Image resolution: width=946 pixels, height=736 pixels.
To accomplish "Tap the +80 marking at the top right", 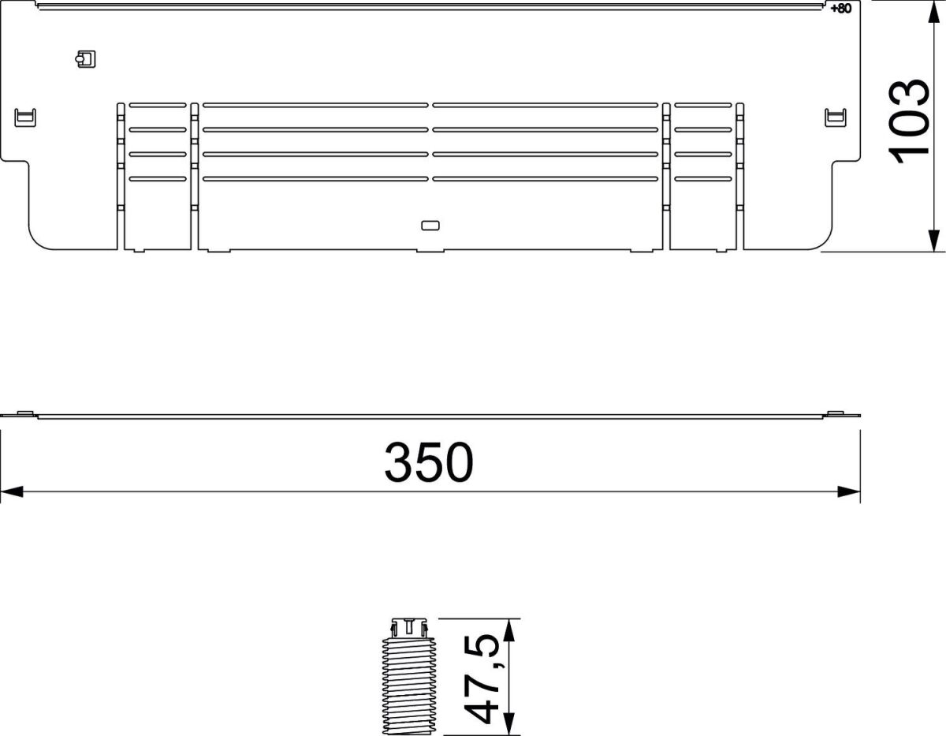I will click(x=841, y=9).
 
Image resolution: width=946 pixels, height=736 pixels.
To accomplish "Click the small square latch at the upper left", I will click(x=85, y=58).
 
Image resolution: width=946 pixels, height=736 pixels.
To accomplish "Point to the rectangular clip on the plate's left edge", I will click(x=26, y=118).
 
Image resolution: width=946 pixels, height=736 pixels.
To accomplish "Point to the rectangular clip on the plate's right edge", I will click(x=834, y=118).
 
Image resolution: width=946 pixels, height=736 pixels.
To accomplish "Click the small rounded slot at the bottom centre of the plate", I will click(x=430, y=226).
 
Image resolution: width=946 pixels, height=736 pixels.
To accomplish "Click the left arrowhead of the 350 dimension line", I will click(x=11, y=492).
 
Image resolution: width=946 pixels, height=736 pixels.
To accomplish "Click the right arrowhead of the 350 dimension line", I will click(x=849, y=492).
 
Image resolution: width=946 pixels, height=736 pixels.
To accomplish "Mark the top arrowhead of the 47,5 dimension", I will click(x=509, y=629).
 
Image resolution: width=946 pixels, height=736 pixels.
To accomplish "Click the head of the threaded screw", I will click(x=407, y=628).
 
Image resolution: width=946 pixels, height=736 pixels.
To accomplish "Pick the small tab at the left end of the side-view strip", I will click(x=23, y=413).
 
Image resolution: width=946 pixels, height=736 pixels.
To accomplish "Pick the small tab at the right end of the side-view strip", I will click(x=836, y=413).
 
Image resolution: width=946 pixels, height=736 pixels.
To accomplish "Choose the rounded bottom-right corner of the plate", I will click(x=825, y=241).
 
